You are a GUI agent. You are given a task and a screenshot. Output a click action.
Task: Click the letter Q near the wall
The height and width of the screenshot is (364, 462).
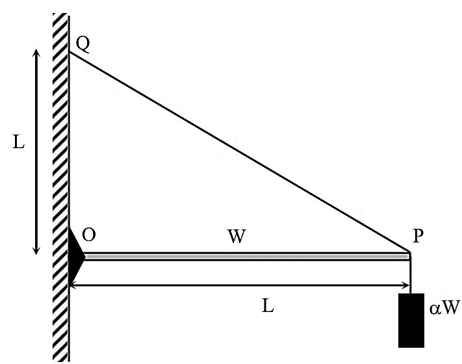coord(83,44)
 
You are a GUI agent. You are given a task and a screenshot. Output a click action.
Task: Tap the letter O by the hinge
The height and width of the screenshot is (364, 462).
coord(88,235)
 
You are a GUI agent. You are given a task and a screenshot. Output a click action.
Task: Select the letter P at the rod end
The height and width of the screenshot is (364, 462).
coord(418,235)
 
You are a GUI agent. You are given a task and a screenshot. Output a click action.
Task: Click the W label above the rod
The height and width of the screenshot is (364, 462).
coord(237,236)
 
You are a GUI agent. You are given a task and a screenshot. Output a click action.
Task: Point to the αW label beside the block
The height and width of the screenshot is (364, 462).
coord(444,307)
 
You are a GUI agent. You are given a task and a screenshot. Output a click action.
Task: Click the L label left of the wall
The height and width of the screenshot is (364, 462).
coord(19,142)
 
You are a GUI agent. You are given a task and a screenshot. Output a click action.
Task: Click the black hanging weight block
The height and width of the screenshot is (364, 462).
coord(411,320)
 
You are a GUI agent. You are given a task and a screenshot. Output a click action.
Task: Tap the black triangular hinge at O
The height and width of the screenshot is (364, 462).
coord(76,257)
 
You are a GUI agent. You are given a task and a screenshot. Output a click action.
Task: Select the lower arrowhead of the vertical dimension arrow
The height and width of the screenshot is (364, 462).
coord(36,251)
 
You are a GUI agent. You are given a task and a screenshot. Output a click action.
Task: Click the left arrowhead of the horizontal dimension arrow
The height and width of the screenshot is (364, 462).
coord(73,285)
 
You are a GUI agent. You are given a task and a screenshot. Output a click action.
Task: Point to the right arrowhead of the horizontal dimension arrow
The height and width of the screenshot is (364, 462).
coord(406,285)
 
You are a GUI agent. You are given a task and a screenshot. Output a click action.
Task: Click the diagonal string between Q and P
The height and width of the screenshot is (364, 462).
coord(240,151)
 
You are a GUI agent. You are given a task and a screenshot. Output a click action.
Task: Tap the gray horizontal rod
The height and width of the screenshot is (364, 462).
coord(247,257)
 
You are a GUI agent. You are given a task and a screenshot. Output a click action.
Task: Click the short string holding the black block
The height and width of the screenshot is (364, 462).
coord(410,277)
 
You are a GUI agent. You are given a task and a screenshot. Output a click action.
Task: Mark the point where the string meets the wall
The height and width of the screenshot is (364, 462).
coord(70,52)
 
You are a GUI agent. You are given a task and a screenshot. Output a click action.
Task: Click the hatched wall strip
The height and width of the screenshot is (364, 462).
coord(61,187)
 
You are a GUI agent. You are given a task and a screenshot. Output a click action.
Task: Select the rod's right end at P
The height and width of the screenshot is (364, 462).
coord(409,257)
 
